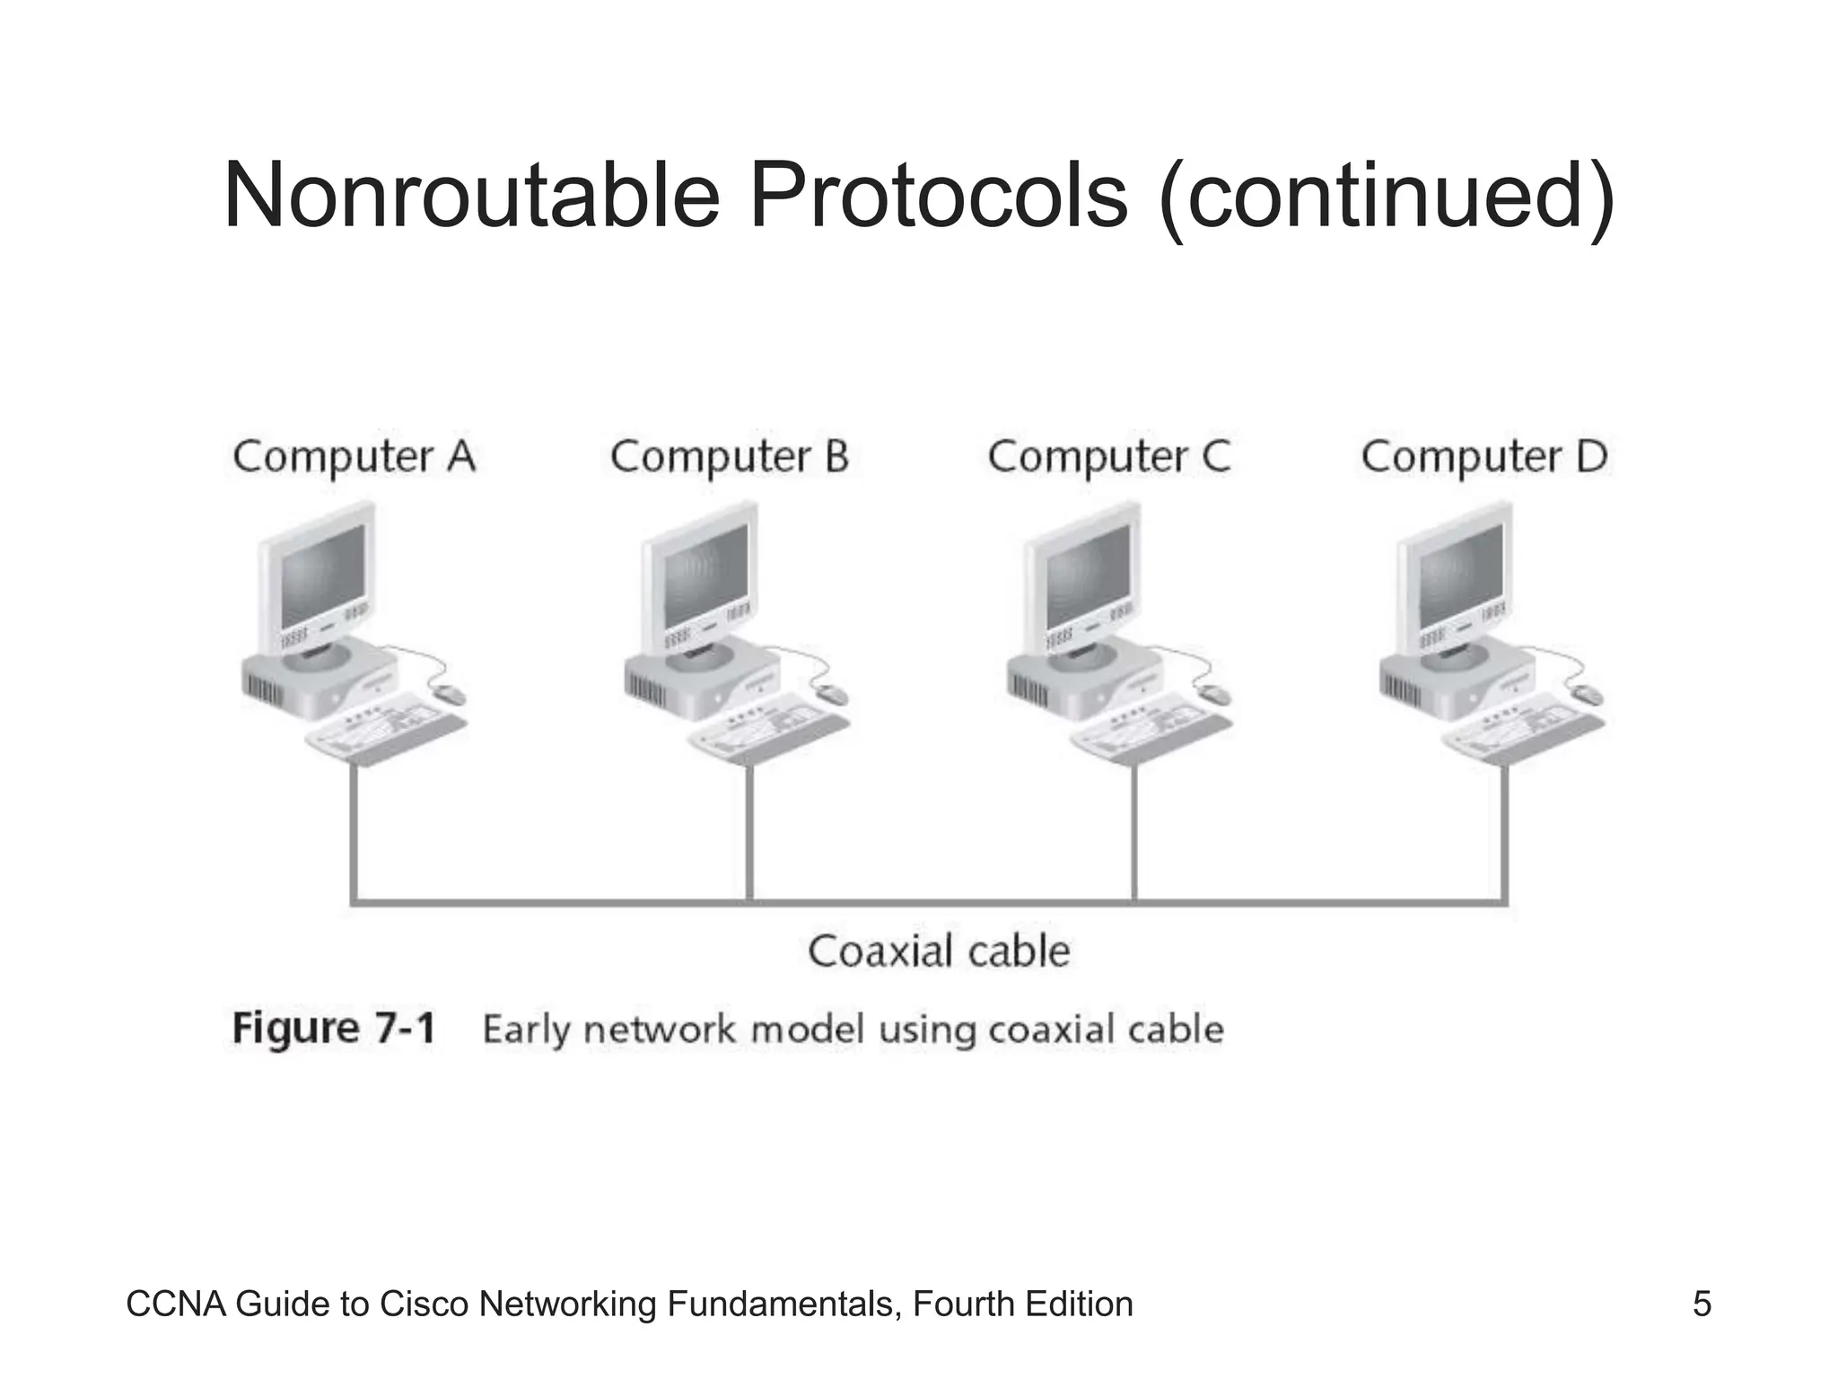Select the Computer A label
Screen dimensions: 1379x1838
point(354,457)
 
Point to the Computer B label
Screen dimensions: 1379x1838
point(729,457)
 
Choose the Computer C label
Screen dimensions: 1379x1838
point(1108,457)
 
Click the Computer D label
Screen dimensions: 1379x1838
point(1484,457)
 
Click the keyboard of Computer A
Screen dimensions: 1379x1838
point(386,731)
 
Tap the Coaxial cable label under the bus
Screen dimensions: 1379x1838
point(939,952)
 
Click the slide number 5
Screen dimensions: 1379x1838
point(1702,1304)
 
